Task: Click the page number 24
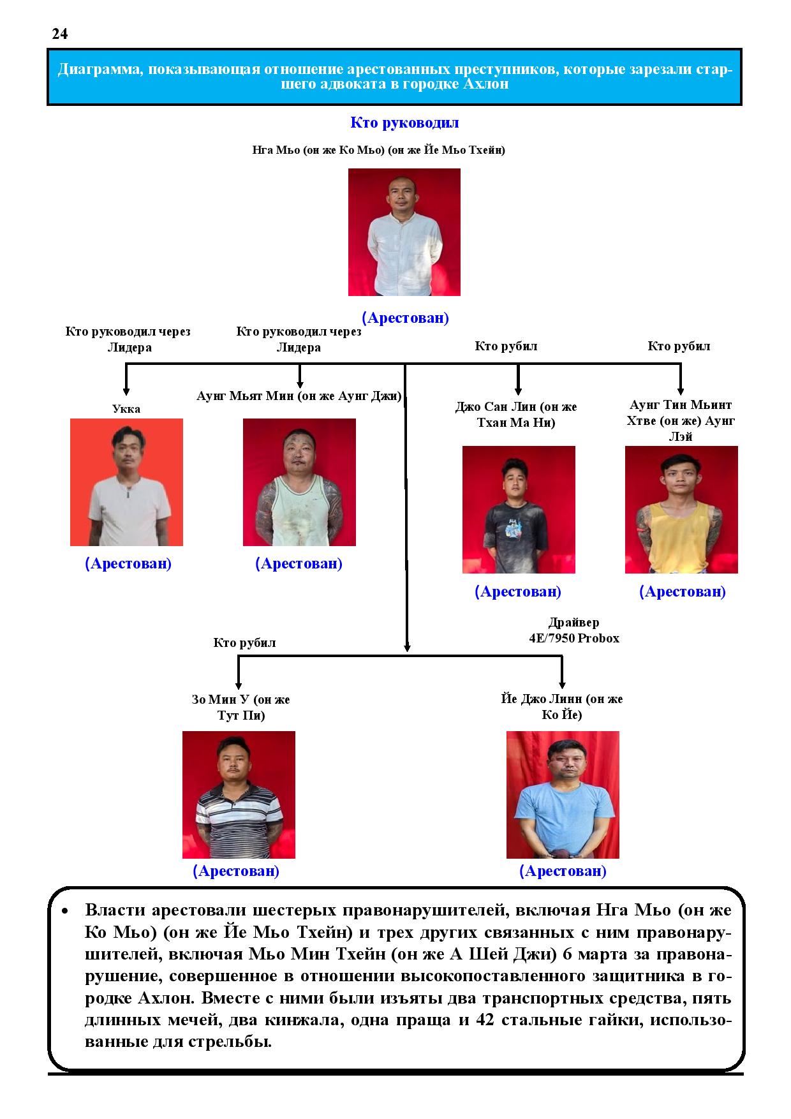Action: [60, 34]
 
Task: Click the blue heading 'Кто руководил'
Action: [404, 122]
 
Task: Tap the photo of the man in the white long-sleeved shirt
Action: [404, 232]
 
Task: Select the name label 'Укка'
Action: [126, 409]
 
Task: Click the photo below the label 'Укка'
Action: [126, 482]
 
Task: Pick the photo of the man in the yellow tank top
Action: [681, 510]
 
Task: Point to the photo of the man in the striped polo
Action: [239, 795]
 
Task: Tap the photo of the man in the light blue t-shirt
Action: [563, 795]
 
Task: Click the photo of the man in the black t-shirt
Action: [519, 510]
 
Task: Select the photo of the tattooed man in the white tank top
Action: [299, 482]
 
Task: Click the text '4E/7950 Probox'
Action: [574, 638]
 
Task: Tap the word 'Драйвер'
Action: [574, 623]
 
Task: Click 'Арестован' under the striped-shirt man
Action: [236, 871]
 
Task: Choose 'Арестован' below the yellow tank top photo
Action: [683, 591]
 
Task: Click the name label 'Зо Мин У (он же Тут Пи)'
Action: [240, 708]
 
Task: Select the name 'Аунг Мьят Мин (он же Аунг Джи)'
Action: [299, 396]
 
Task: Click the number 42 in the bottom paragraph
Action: [486, 1019]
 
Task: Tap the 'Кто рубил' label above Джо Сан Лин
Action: [506, 346]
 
